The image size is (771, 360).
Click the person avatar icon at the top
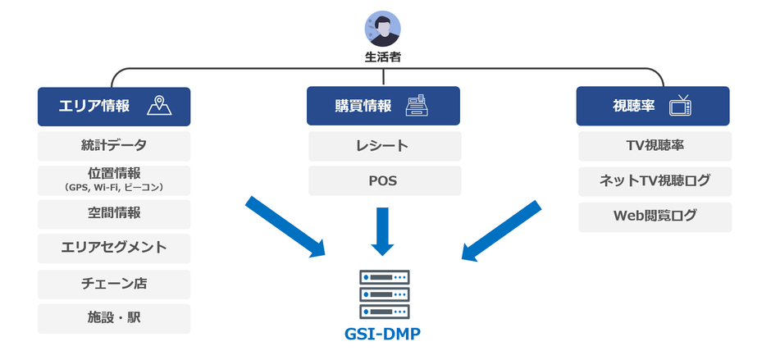pos(382,29)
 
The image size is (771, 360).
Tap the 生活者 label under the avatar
pos(382,58)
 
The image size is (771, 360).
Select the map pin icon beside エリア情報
pos(160,106)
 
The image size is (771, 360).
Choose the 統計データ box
pos(114,146)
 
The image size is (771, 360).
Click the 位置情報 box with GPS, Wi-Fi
pos(114,180)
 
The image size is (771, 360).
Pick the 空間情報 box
pos(114,213)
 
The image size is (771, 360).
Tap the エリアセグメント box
pos(114,248)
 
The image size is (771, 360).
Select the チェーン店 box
pos(114,284)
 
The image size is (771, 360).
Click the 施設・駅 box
pos(114,318)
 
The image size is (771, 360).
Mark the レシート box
pos(384,146)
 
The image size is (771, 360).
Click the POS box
pos(384,180)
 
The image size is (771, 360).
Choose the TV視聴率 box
pos(654,146)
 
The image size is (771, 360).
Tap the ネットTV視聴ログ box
pos(654,180)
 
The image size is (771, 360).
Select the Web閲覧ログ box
pos(654,216)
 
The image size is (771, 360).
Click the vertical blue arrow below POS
pos(383,230)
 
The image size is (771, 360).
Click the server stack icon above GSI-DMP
pos(384,294)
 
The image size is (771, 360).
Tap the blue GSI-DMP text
pos(384,335)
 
